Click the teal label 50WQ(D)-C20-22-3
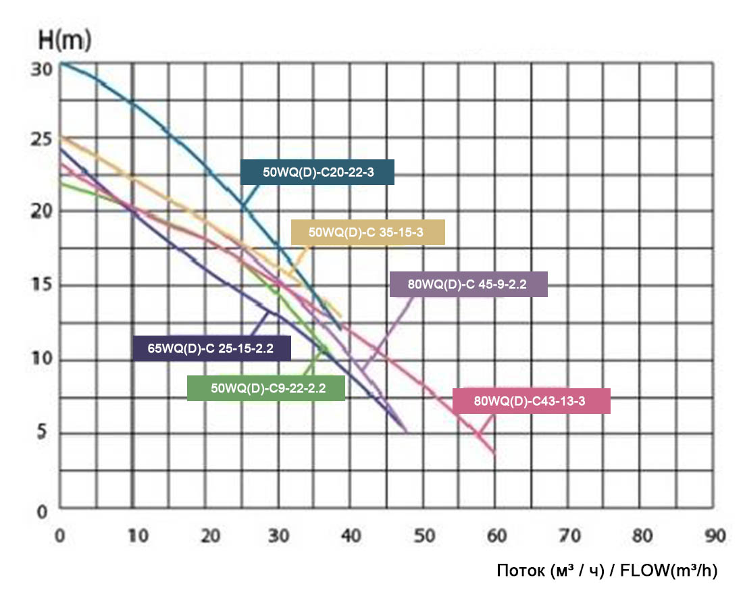click(x=317, y=173)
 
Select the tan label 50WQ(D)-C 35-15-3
click(x=368, y=232)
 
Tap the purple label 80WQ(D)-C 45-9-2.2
click(x=468, y=285)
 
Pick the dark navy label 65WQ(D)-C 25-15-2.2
click(x=212, y=348)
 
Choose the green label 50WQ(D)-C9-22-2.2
click(x=266, y=389)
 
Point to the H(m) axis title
click(x=64, y=41)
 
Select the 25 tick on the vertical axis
click(x=41, y=140)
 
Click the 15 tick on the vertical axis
click(x=41, y=286)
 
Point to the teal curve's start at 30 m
click(x=63, y=63)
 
